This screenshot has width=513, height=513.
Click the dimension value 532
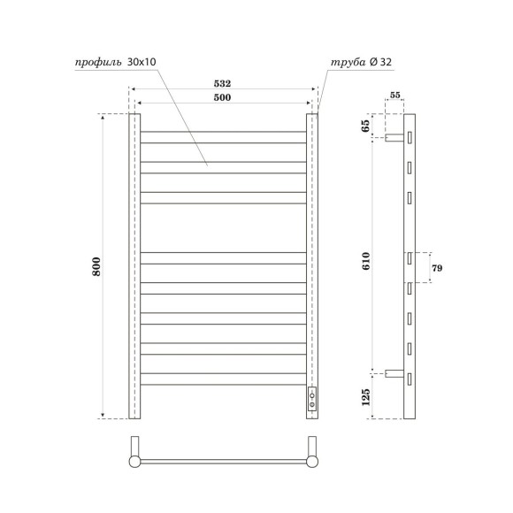click(223, 82)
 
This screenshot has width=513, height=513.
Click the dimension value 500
click(223, 97)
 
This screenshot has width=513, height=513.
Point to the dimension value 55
click(394, 94)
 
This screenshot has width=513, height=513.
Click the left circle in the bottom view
click(134, 461)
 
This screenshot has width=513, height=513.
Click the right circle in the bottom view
click(311, 461)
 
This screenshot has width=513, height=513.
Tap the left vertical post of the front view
click(134, 265)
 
